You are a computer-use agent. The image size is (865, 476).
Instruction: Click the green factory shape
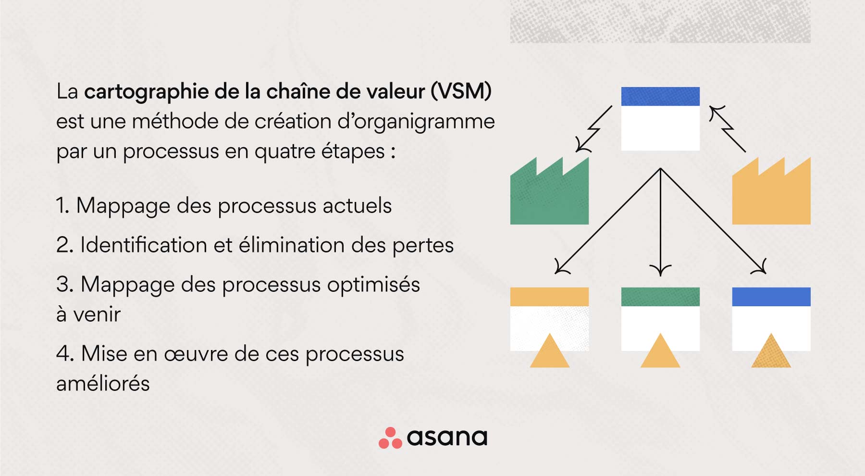[x=549, y=197]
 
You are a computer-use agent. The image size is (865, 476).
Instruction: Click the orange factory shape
[x=771, y=197]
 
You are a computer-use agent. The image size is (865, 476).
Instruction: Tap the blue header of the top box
[x=660, y=96]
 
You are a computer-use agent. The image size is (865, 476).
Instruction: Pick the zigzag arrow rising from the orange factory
[x=728, y=128]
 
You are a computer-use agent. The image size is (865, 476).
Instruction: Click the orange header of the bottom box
[x=549, y=297]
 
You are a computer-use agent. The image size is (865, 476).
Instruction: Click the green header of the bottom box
[x=660, y=297]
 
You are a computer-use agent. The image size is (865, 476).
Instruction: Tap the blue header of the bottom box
[x=771, y=297]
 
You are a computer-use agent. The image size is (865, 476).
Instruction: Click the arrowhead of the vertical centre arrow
[x=660, y=270]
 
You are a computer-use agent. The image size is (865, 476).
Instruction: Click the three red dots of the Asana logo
[x=390, y=438]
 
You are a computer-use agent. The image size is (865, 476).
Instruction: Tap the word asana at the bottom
[x=447, y=437]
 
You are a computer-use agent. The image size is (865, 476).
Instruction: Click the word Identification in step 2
[x=144, y=245]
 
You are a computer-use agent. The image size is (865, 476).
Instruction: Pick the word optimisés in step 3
[x=373, y=285]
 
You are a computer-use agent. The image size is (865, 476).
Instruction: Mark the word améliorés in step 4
[x=103, y=384]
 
